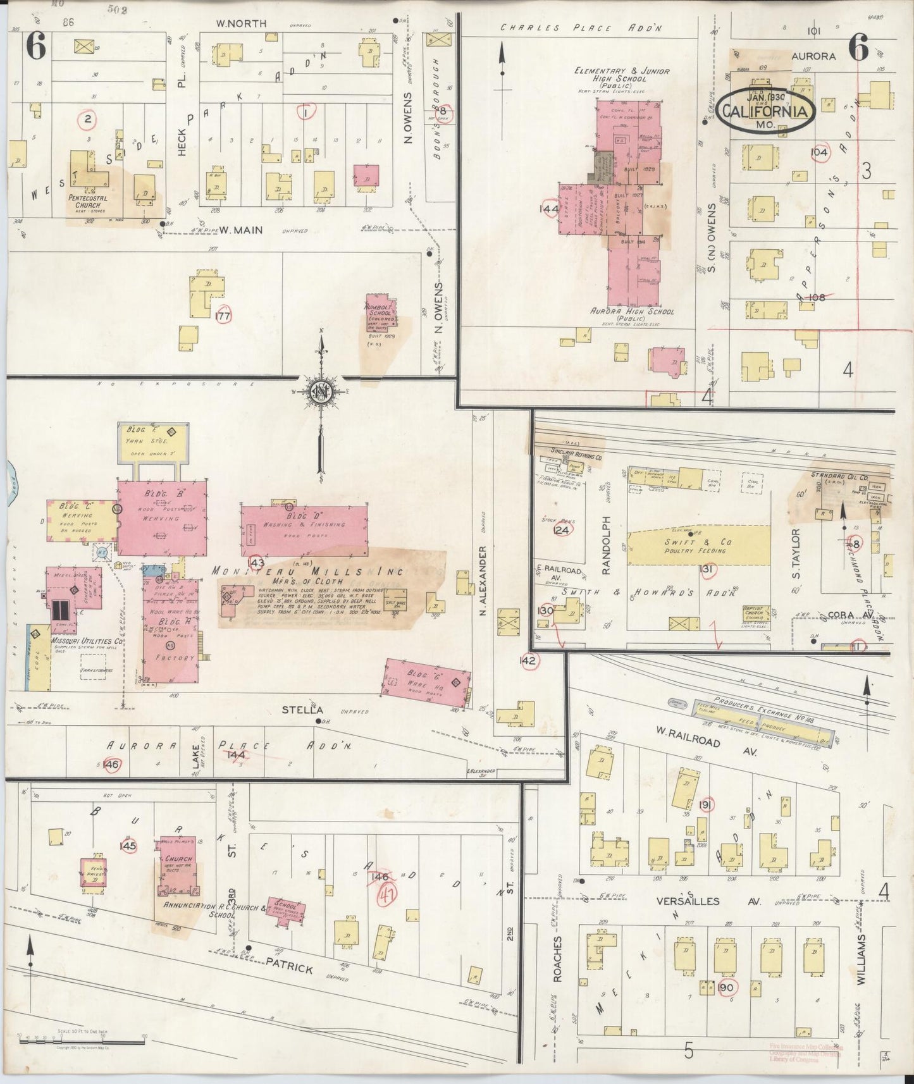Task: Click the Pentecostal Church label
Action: coord(87,201)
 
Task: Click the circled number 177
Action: coord(223,316)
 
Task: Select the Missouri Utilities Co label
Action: coord(78,641)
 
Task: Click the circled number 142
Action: coord(528,661)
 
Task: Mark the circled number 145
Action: coord(128,845)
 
